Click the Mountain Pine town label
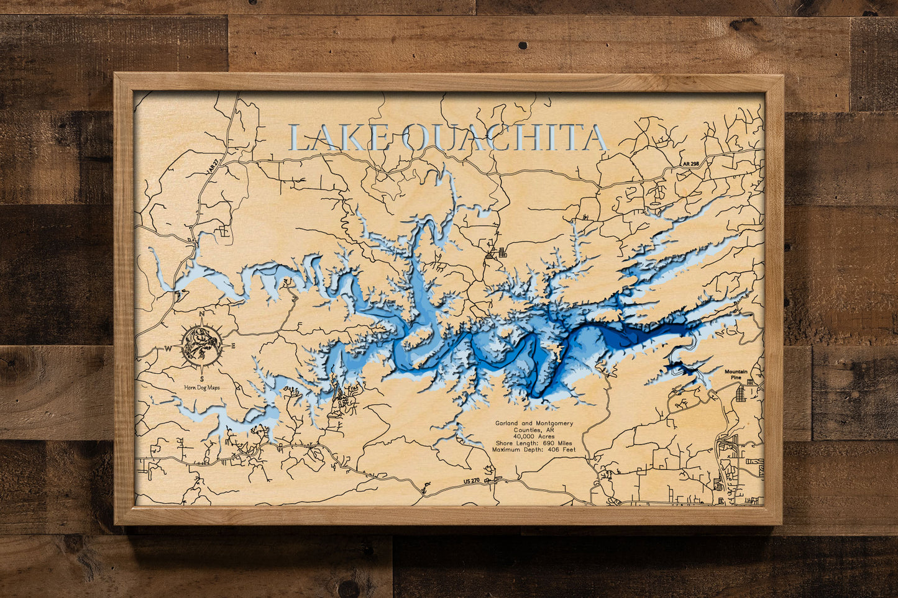pos(736,374)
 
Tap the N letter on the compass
pos(203,315)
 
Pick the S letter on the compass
pos(202,378)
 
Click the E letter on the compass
pos(233,346)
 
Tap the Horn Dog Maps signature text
pos(202,387)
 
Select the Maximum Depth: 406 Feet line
pos(534,450)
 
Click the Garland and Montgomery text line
pos(534,423)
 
